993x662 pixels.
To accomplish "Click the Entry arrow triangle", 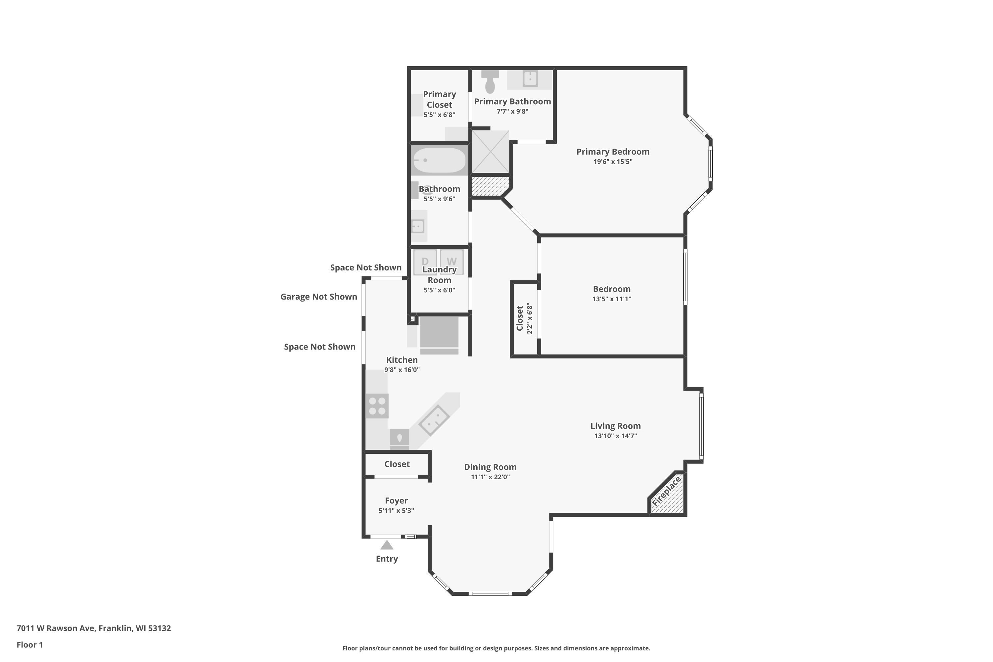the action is coord(387,545).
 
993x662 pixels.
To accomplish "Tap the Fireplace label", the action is coord(666,492).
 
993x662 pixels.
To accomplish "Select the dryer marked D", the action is coord(425,262).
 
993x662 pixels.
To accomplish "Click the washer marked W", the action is coord(451,262).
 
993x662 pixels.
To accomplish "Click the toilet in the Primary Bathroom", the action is coord(490,81).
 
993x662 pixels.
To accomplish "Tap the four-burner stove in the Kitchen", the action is coord(377,406).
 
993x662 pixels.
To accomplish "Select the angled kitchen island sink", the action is coord(434,420).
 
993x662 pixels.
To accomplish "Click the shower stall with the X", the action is coord(490,152).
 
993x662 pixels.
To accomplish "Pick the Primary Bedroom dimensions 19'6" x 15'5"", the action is coord(613,162).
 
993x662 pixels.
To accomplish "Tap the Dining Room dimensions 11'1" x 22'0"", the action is coord(490,477).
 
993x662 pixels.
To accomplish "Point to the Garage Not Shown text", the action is coord(319,297).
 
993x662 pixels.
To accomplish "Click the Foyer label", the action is coord(396,501).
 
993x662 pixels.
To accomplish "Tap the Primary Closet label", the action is coord(440,99).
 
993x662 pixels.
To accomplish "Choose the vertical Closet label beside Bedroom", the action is coord(520,318).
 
